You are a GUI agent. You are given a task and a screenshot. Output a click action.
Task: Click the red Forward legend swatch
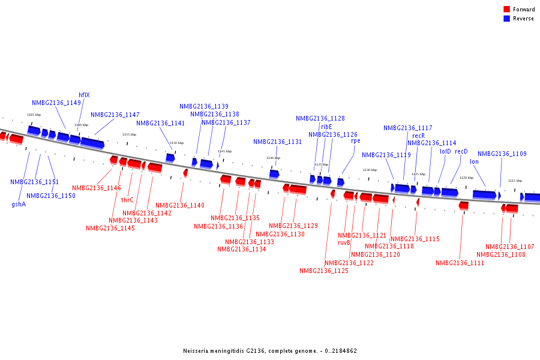click(507, 10)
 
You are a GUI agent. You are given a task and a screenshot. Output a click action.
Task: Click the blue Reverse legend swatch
click(507, 19)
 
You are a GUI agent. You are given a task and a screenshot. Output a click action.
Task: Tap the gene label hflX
click(84, 95)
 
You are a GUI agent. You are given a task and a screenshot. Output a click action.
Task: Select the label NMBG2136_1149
click(56, 103)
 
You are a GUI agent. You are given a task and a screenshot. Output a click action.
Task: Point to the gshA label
click(19, 204)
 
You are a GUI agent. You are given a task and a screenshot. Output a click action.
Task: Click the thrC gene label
click(127, 200)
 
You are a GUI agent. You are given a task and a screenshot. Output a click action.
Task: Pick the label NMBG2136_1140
click(180, 205)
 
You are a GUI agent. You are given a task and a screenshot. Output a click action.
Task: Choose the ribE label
click(326, 127)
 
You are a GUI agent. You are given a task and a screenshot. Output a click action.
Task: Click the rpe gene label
click(356, 141)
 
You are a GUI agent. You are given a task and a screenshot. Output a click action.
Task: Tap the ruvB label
click(344, 242)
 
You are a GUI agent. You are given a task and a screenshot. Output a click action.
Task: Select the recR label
click(418, 136)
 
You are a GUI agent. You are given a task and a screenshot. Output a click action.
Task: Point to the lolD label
click(445, 152)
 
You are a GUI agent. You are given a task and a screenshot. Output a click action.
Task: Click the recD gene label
click(461, 152)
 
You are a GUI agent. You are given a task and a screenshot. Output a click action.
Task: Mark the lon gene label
click(474, 161)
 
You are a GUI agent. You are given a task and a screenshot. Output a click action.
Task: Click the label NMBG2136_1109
click(502, 154)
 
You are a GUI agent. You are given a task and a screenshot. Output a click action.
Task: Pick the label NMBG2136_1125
click(324, 271)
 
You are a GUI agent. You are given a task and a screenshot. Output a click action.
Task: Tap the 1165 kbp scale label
click(34, 115)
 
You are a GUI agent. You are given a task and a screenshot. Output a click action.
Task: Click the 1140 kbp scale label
click(273, 158)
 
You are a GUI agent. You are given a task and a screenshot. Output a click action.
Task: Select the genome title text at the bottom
click(270, 350)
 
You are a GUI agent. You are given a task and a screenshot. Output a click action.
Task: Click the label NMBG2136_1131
click(277, 142)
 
